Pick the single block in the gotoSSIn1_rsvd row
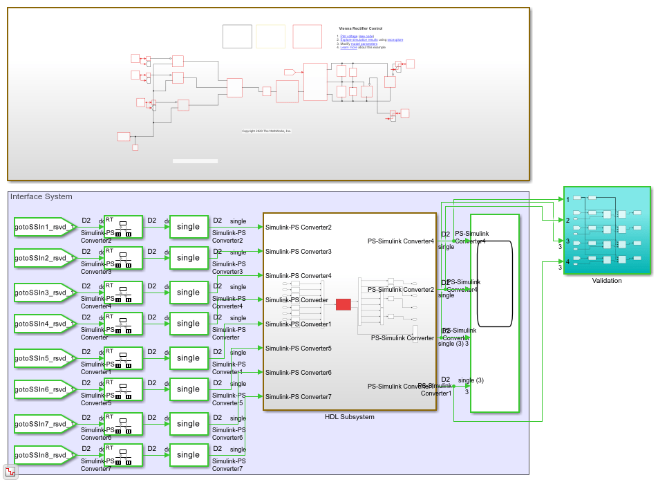click(188, 227)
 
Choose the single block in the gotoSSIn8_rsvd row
click(188, 455)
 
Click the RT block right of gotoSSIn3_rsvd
click(123, 293)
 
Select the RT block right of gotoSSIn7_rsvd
click(123, 424)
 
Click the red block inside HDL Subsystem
click(344, 304)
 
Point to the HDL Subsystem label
click(349, 417)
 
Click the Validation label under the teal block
click(607, 281)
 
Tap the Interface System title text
click(41, 197)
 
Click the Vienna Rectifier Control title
click(360, 28)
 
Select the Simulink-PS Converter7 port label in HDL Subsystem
click(298, 397)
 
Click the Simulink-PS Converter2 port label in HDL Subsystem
click(298, 228)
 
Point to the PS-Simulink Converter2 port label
click(401, 290)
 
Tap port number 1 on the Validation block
click(567, 199)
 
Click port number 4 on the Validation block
click(567, 261)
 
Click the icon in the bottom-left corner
click(10, 472)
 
